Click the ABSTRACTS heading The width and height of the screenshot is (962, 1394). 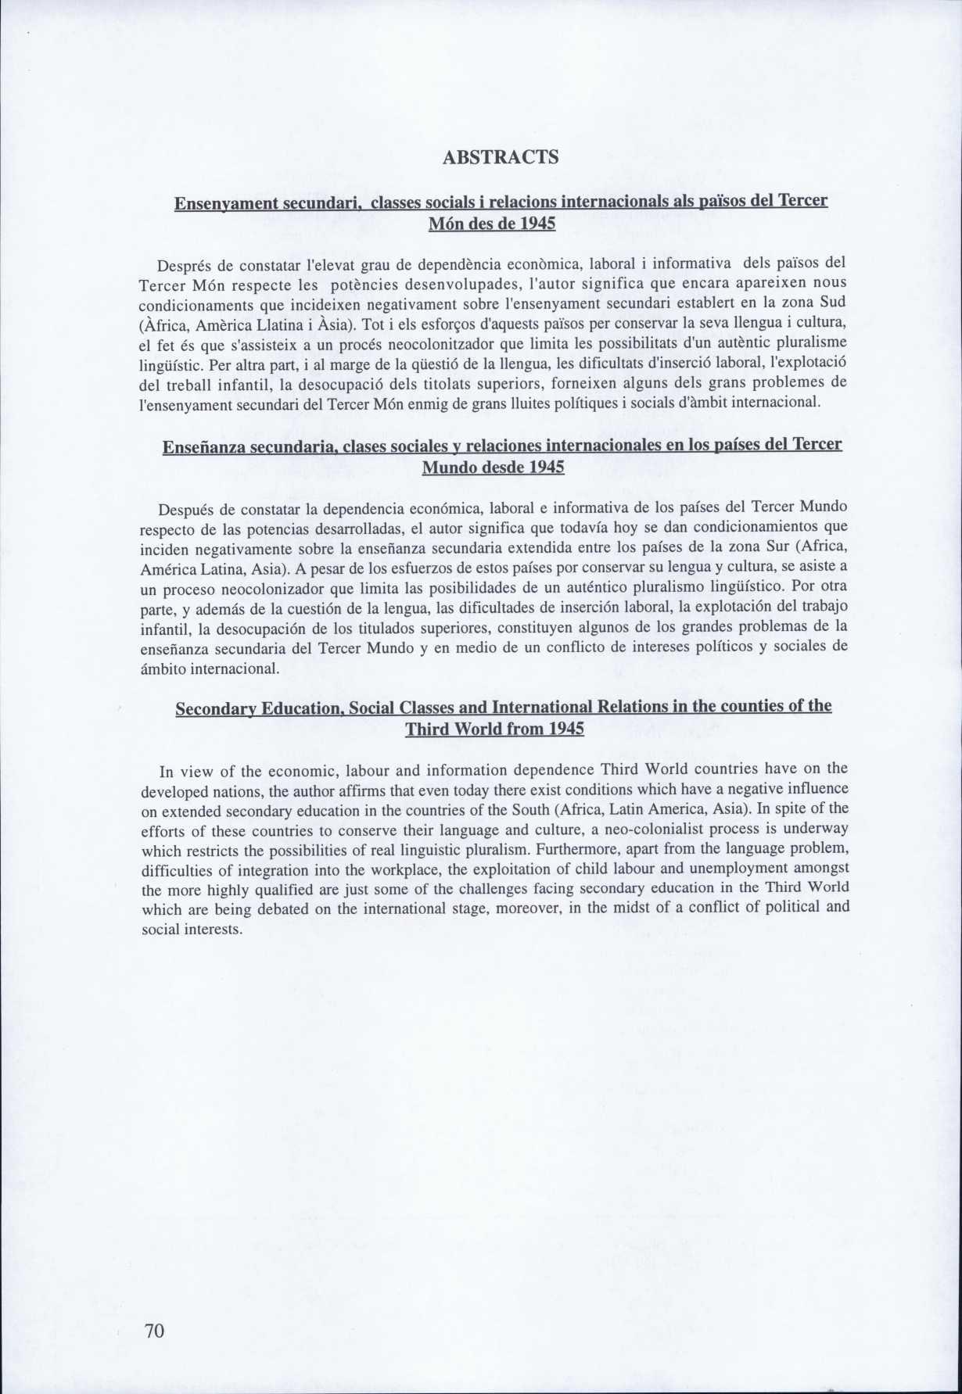(x=501, y=157)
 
